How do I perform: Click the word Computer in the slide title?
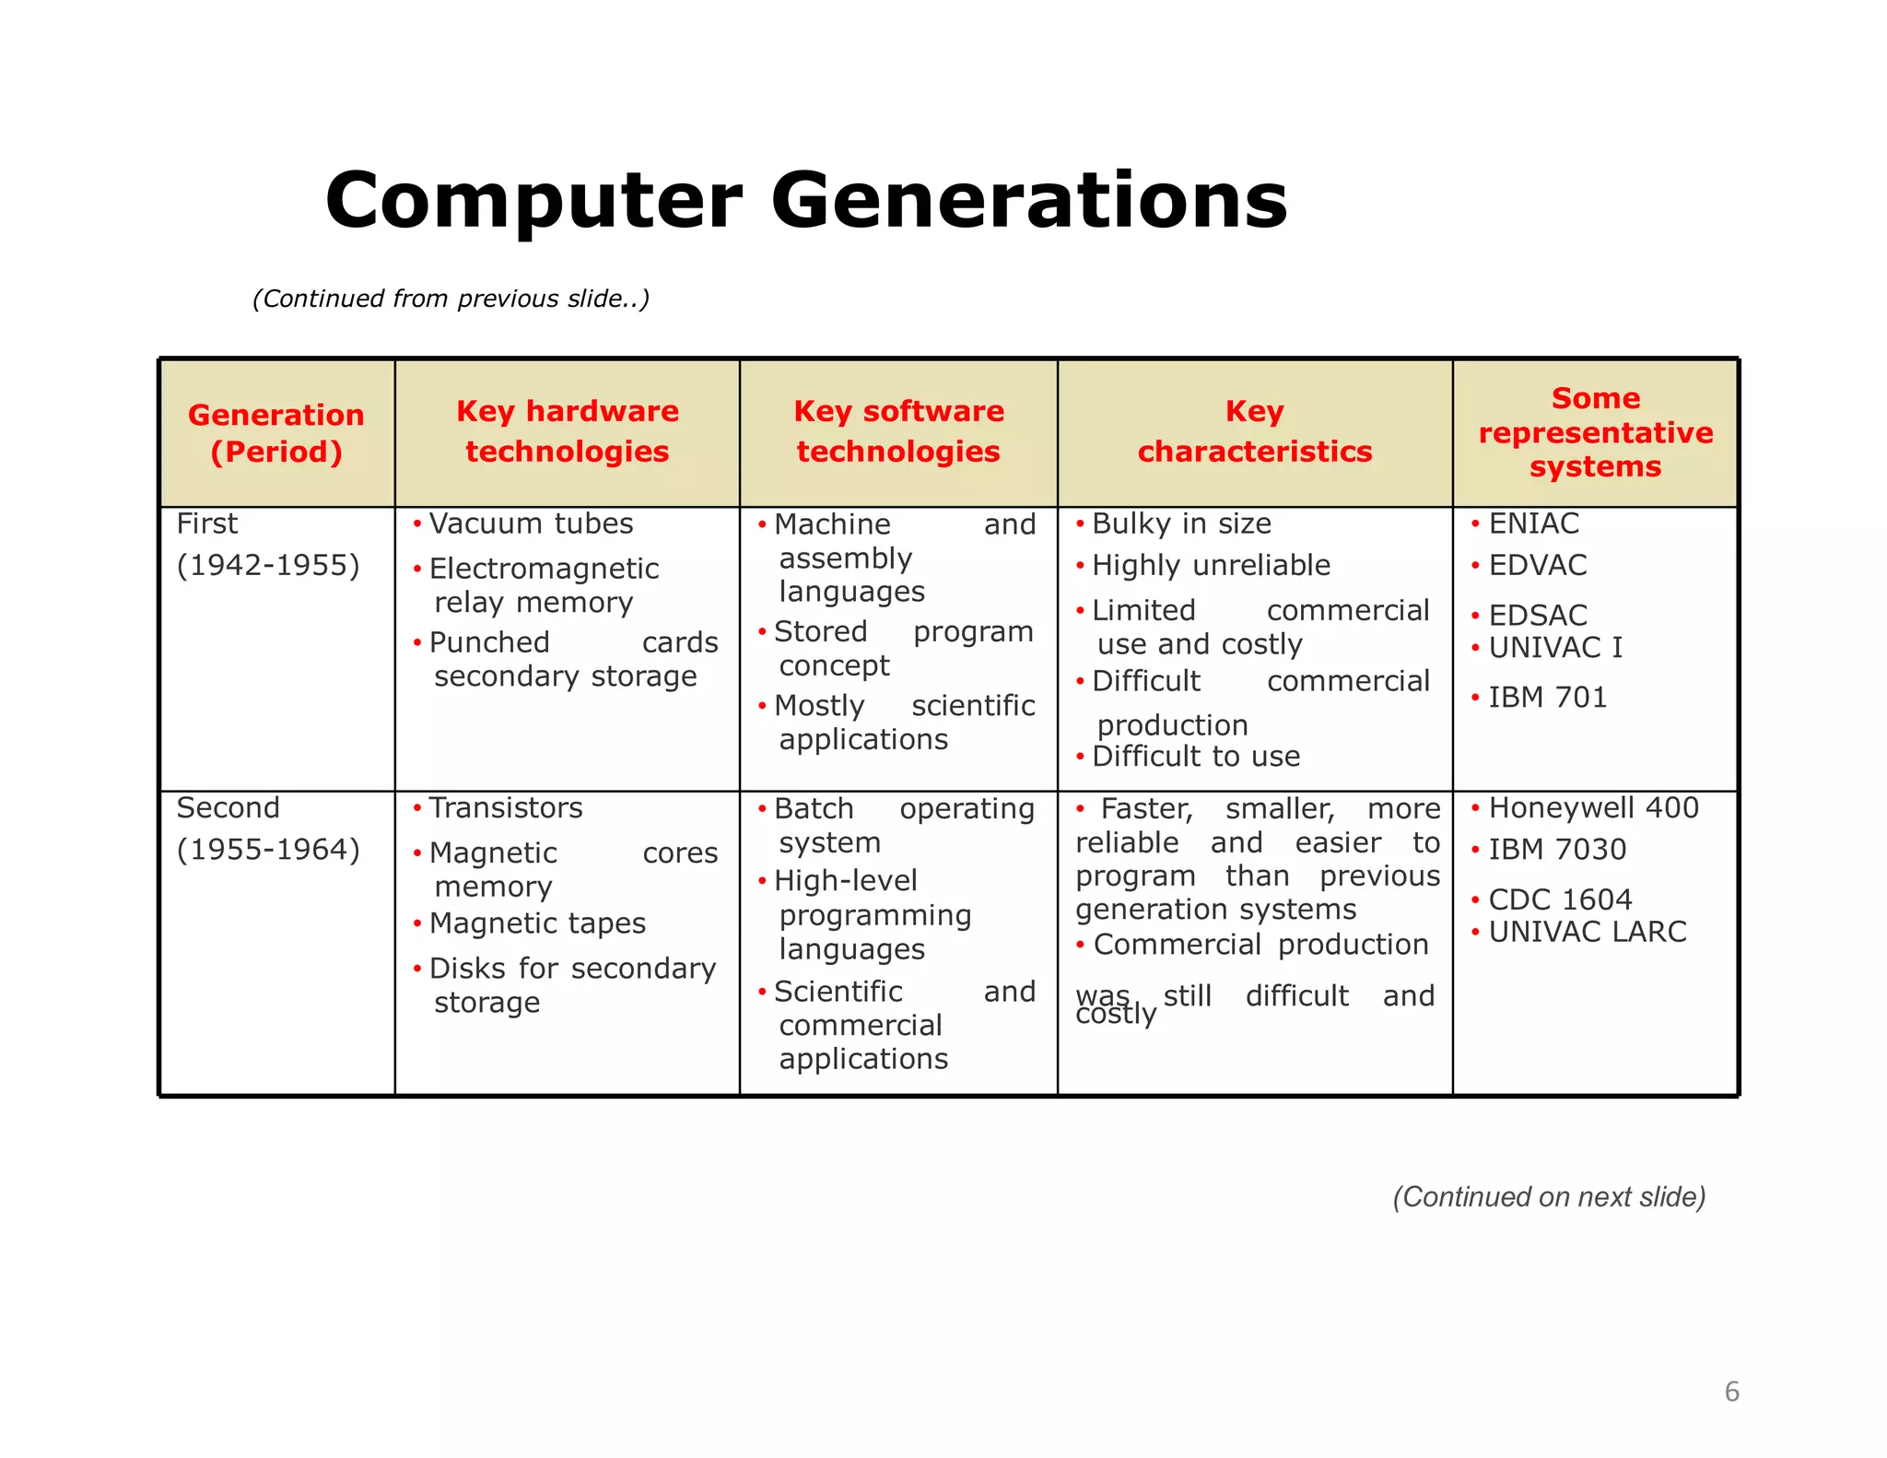tap(533, 201)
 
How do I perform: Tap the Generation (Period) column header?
tap(275, 433)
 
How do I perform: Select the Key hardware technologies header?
tap(567, 430)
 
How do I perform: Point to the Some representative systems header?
tap(1595, 432)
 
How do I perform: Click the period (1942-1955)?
tap(268, 565)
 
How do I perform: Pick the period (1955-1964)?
tap(268, 849)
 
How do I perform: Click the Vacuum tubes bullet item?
tap(531, 523)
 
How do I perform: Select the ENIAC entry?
tap(1533, 523)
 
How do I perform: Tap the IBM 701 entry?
tap(1547, 698)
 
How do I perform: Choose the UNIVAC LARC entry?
tap(1587, 932)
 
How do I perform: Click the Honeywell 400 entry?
tap(1593, 808)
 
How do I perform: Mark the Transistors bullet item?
tap(505, 808)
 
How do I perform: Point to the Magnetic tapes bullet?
tap(537, 923)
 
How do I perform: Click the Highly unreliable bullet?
tap(1210, 565)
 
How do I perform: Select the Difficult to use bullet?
tap(1195, 757)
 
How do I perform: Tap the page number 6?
tap(1731, 1392)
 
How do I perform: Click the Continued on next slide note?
tap(1549, 1196)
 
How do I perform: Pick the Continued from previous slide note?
tap(451, 299)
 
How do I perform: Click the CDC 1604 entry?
tap(1559, 899)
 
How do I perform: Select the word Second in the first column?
tap(228, 808)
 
